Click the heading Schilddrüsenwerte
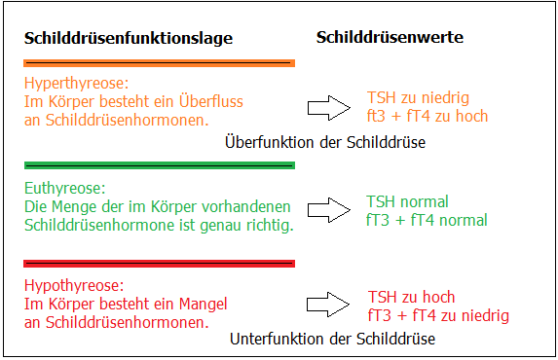[x=390, y=37]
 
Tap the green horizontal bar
[x=159, y=165]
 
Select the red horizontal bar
[x=159, y=263]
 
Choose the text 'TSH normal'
[x=407, y=202]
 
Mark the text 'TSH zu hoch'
[x=411, y=298]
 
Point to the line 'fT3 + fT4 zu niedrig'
[x=438, y=315]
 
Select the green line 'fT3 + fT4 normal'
[x=427, y=220]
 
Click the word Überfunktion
[x=268, y=143]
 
